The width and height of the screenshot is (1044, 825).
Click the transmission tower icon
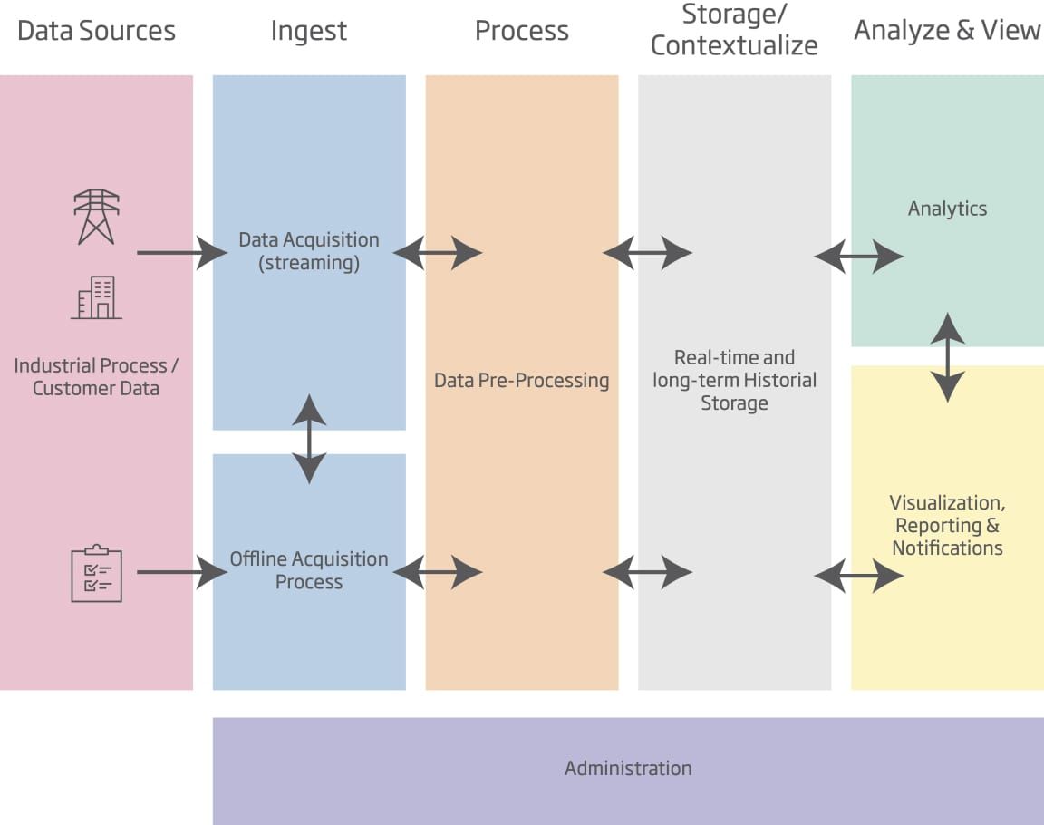pos(96,217)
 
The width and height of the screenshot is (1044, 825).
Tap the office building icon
pos(96,297)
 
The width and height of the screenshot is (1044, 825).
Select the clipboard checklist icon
pos(96,574)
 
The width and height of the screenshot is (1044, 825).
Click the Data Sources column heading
pos(96,31)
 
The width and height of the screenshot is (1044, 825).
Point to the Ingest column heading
pos(309,31)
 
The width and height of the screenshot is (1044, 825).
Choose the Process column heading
pos(522,31)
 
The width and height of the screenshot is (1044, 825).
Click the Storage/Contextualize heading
pos(734,30)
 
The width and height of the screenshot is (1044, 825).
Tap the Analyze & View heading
pos(947,31)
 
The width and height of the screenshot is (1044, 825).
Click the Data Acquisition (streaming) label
pos(309,251)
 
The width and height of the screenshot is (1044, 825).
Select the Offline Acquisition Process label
pos(309,570)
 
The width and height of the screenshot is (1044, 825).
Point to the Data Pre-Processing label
pos(522,380)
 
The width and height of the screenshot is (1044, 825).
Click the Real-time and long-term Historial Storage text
pos(734,380)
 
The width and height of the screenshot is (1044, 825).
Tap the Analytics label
pos(947,209)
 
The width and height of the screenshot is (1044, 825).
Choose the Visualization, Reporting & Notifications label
pos(947,525)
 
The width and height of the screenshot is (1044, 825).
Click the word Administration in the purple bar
pos(628,769)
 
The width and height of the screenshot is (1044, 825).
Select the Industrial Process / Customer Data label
pos(96,377)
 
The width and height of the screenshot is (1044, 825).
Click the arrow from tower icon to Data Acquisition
pos(181,253)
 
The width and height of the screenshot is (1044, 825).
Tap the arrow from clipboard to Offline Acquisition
pos(181,572)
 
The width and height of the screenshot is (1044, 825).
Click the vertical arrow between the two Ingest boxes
pos(310,439)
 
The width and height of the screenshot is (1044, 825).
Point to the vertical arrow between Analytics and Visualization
pos(948,357)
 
